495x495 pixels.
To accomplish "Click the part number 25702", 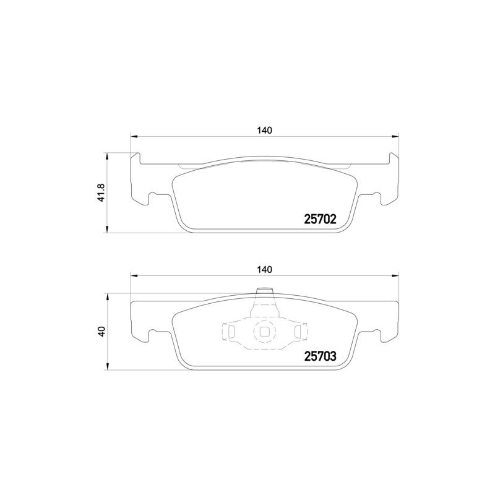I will tap(320, 218).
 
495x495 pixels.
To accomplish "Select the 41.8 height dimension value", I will tap(103, 192).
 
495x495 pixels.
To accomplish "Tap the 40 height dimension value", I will tap(103, 330).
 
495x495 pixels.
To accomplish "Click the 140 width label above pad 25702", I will tap(265, 131).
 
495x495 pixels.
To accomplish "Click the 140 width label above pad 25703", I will tap(265, 270).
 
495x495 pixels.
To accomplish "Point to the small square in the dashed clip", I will tap(265, 332).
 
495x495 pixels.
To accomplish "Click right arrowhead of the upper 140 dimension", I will tap(396, 137).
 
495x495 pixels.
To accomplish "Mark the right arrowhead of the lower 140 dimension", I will tap(396, 276).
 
